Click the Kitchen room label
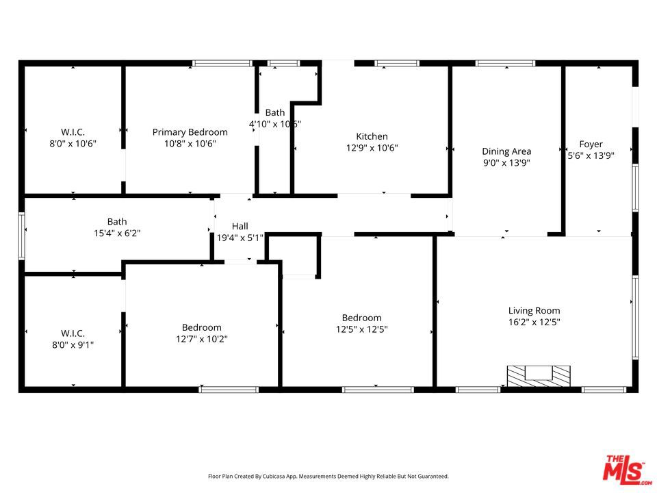click(372, 136)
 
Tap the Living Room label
click(534, 311)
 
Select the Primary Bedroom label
click(190, 132)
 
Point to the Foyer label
click(591, 144)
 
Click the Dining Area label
click(506, 151)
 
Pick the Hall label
click(240, 227)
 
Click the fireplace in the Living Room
click(539, 376)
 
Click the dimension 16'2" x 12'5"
click(534, 322)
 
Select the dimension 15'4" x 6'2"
click(117, 233)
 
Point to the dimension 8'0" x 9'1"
click(73, 345)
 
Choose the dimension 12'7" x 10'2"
click(201, 339)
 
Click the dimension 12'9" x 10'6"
click(372, 148)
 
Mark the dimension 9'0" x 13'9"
click(506, 163)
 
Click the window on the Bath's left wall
click(22, 236)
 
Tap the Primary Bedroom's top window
click(222, 63)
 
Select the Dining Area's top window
click(505, 63)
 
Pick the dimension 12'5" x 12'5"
click(361, 329)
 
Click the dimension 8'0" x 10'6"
click(73, 143)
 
